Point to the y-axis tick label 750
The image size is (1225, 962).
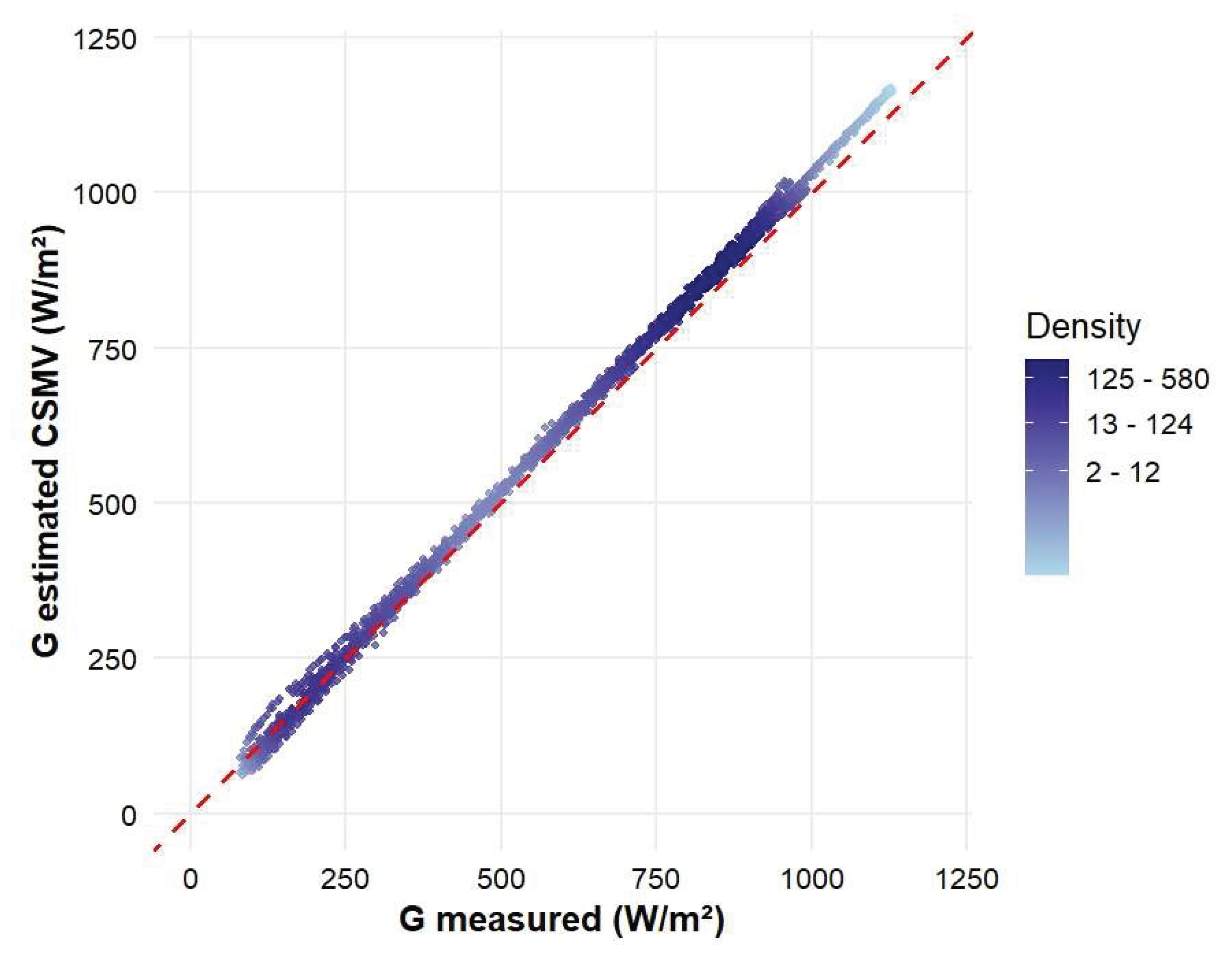[113, 350]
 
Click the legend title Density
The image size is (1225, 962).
[1083, 327]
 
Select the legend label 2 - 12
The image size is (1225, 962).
[1122, 472]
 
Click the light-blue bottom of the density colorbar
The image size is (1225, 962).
[1047, 566]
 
